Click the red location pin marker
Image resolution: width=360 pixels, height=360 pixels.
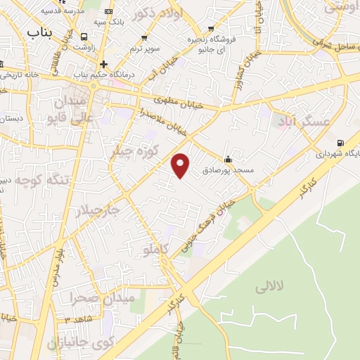coord(181,164)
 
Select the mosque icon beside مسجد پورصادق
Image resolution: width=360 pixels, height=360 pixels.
coord(227,158)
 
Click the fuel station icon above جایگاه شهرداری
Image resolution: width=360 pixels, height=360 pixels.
coord(341,141)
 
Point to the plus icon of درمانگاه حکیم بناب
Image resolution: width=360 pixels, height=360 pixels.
coord(103,64)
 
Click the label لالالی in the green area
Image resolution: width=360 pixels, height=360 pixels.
coord(268,286)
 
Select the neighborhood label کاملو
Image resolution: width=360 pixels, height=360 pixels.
coord(156,249)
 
